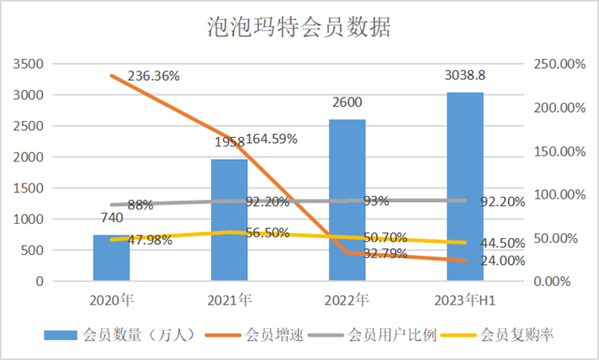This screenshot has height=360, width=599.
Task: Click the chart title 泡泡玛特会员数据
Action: [299, 28]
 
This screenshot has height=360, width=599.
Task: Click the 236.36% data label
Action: [154, 76]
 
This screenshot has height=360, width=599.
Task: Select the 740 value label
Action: [111, 218]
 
